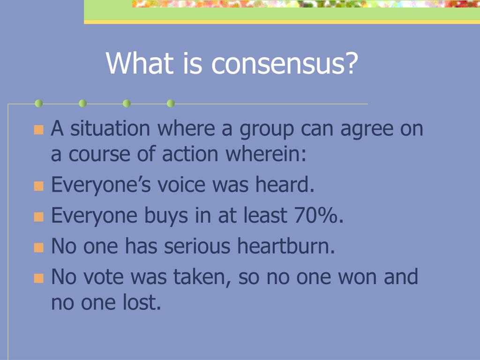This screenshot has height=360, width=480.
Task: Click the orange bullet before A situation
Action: point(38,129)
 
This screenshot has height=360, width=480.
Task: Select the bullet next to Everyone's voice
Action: point(38,186)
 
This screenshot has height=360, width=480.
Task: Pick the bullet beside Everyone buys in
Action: point(38,217)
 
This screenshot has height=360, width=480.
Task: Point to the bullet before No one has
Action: point(38,247)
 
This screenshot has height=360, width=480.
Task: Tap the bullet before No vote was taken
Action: point(38,278)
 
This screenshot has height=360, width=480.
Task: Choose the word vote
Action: point(105,277)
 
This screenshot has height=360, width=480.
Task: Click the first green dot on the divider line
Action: point(39,104)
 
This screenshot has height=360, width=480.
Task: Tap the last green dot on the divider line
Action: point(171,104)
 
